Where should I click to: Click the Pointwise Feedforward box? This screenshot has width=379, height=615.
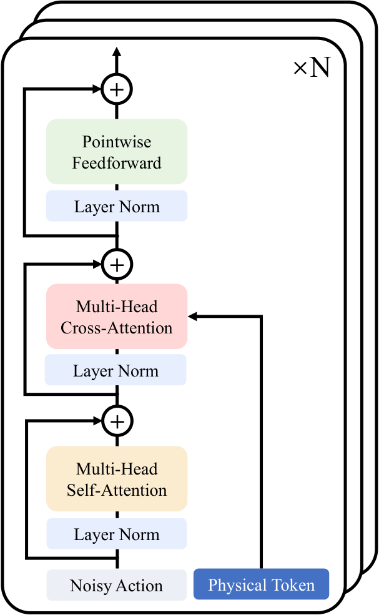[x=117, y=152]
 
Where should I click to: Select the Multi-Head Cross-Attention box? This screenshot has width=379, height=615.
[x=117, y=317]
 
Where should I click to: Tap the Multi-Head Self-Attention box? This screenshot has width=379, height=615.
[x=117, y=479]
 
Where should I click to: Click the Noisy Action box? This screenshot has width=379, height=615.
[x=117, y=585]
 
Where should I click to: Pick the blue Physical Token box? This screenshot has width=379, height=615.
[x=261, y=584]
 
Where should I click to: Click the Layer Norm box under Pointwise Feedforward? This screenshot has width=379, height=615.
[x=117, y=206]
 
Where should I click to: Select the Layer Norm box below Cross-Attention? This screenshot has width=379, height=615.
[x=116, y=370]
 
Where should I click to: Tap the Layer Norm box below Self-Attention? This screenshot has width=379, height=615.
[x=117, y=533]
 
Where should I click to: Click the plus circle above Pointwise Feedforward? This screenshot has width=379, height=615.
[x=117, y=89]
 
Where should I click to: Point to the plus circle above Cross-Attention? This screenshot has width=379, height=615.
[x=117, y=265]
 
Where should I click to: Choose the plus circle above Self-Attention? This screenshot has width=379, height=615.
[x=117, y=421]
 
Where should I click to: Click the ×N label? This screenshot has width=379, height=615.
[x=312, y=67]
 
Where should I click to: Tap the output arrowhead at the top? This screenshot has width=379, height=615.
[x=117, y=52]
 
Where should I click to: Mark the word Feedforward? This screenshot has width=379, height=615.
[x=117, y=163]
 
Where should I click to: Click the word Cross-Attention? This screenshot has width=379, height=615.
[x=117, y=328]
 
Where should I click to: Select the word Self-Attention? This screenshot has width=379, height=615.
[x=117, y=490]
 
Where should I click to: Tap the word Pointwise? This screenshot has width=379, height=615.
[x=117, y=142]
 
